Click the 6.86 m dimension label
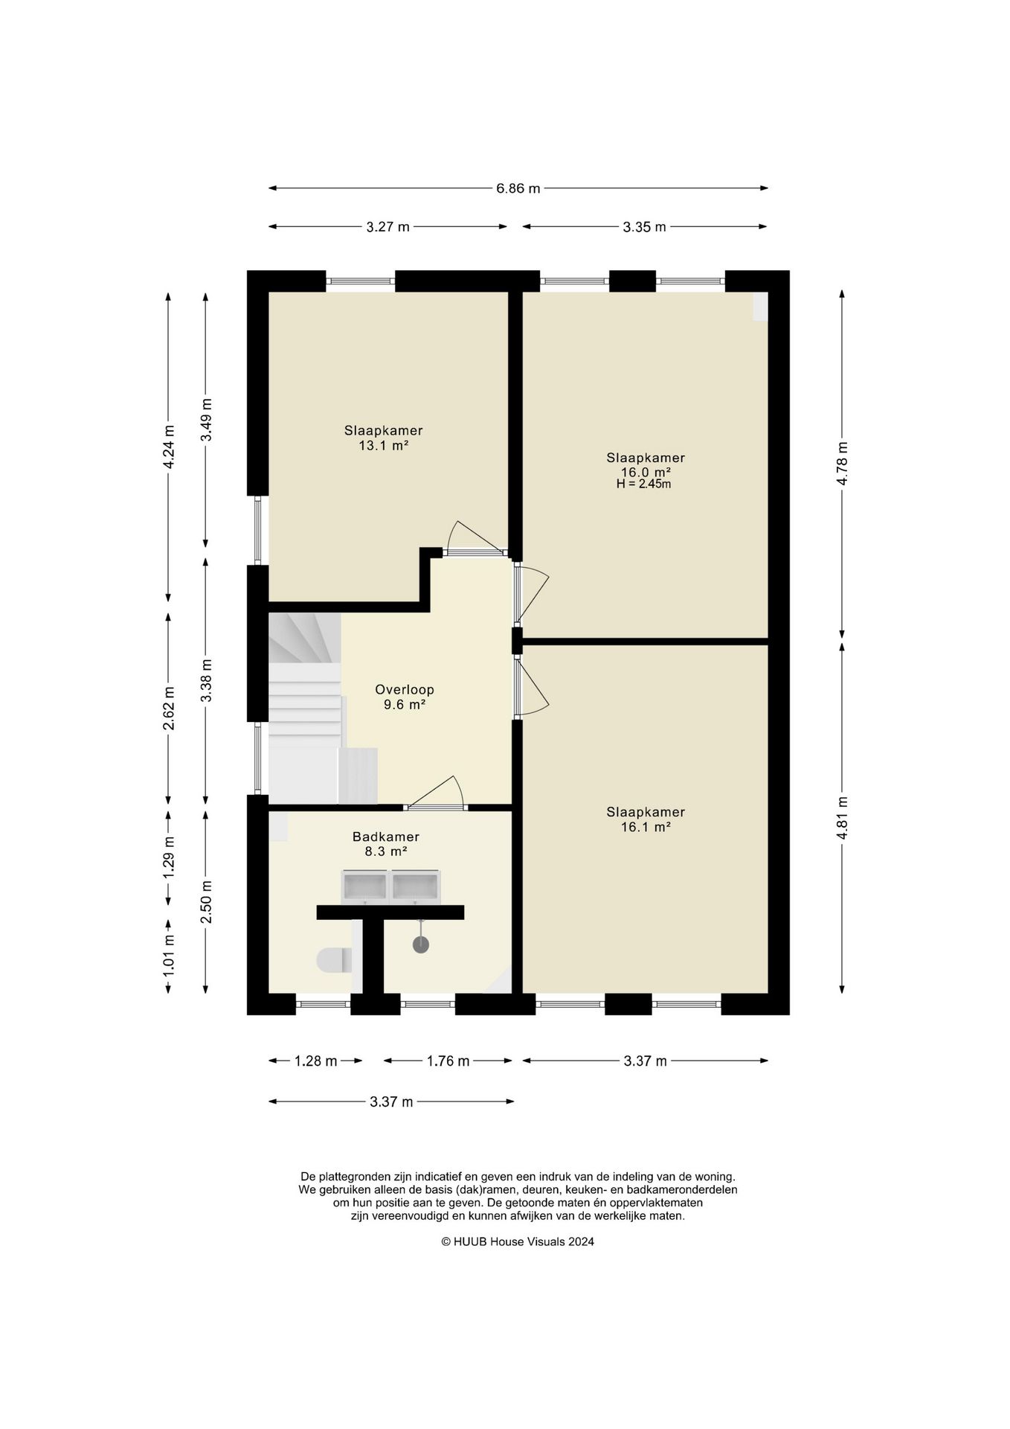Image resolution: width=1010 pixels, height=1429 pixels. click(518, 188)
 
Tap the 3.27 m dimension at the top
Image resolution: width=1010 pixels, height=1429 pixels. click(388, 227)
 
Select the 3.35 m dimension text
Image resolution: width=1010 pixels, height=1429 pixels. click(644, 227)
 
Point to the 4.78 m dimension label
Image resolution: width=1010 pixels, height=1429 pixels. click(842, 464)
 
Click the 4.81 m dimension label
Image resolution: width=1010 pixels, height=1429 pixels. click(842, 818)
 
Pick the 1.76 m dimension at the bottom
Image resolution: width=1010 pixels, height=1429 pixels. click(448, 1061)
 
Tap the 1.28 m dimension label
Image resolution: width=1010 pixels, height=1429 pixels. click(316, 1061)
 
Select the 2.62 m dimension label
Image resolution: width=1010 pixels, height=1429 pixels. click(169, 708)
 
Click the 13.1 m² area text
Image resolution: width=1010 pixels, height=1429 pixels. click(384, 446)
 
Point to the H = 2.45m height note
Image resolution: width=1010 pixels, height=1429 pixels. click(644, 484)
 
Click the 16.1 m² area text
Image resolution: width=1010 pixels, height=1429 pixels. click(646, 827)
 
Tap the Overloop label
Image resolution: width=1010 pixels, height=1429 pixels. click(405, 689)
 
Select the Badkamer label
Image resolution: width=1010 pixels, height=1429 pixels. click(386, 837)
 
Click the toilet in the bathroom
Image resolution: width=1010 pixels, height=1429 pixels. click(334, 960)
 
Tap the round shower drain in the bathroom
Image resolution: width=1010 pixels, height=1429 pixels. click(421, 944)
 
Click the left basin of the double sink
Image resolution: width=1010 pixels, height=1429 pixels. click(365, 886)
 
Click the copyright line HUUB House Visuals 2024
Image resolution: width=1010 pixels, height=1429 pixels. click(518, 1241)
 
